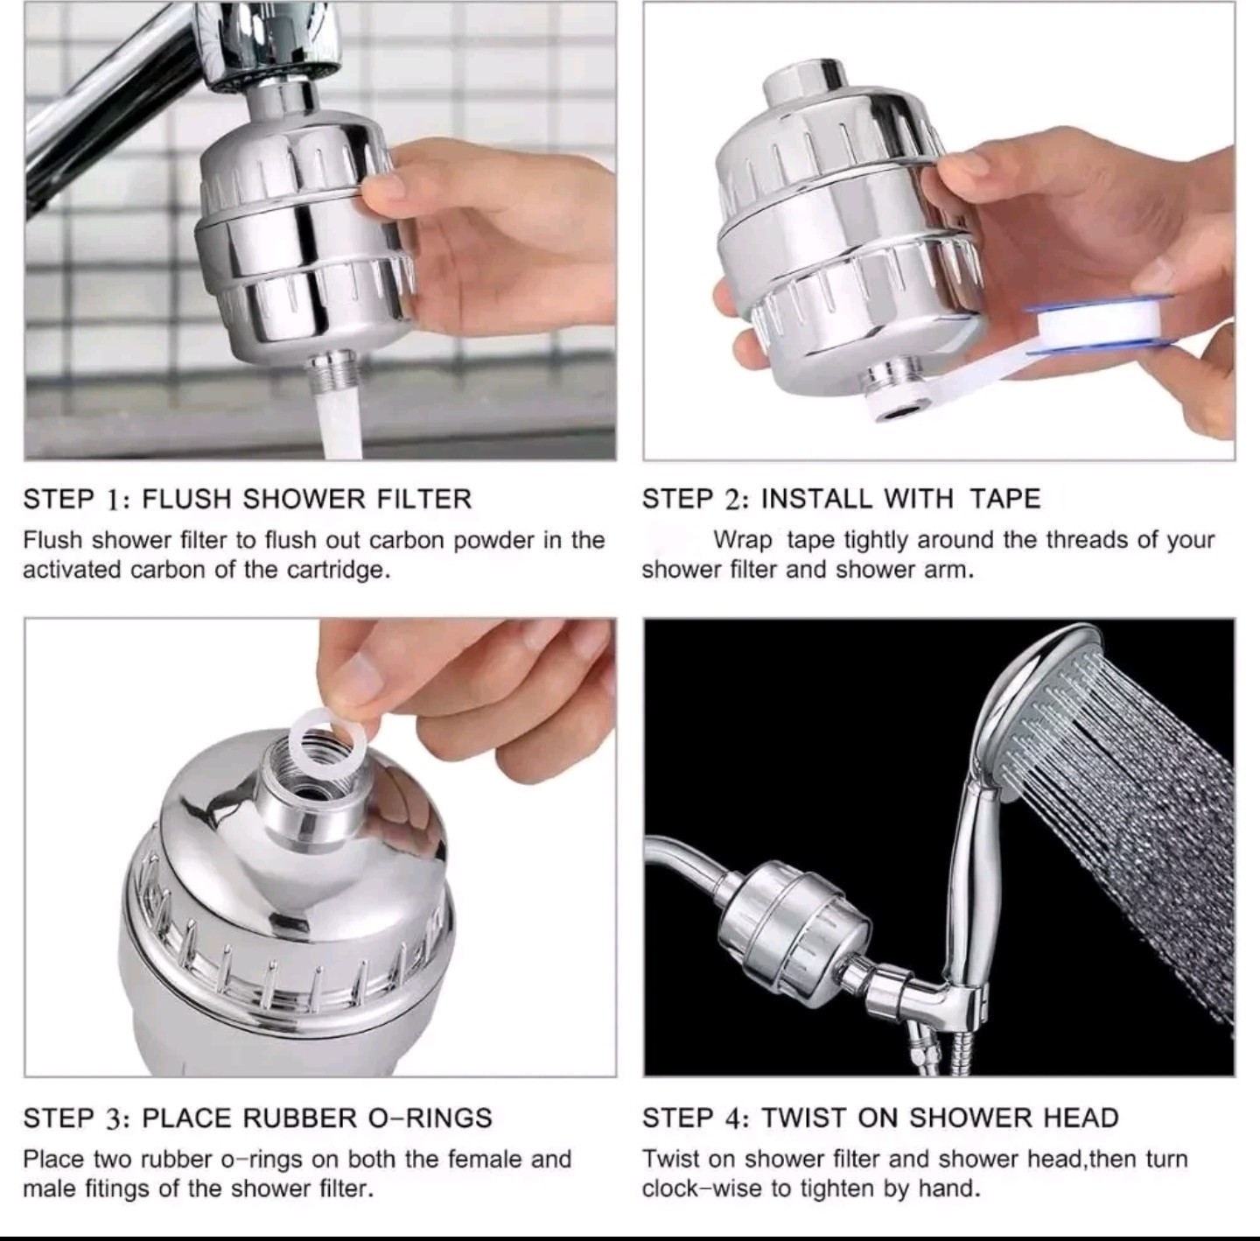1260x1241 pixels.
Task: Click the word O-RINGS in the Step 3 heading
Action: click(430, 1118)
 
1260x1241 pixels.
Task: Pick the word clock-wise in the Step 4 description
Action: click(703, 1188)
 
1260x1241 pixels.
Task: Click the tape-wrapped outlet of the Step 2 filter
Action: click(894, 397)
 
